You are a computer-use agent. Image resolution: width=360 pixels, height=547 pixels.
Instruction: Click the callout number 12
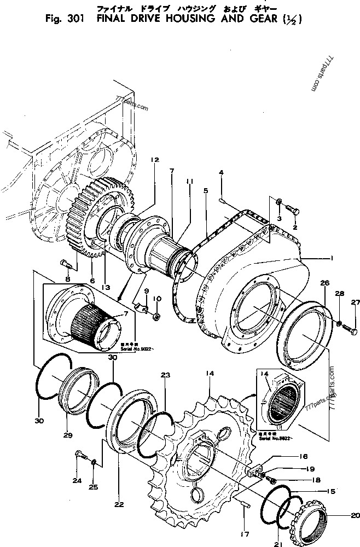(155, 160)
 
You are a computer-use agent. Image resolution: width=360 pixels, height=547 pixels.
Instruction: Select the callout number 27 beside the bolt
(356, 302)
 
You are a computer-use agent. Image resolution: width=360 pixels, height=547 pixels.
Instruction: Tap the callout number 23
(165, 375)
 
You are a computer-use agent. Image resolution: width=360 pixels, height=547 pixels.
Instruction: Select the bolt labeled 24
(80, 454)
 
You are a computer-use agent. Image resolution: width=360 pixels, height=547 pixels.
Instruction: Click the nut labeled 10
(156, 317)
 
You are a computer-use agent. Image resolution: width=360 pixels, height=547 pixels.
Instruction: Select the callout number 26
(325, 283)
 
